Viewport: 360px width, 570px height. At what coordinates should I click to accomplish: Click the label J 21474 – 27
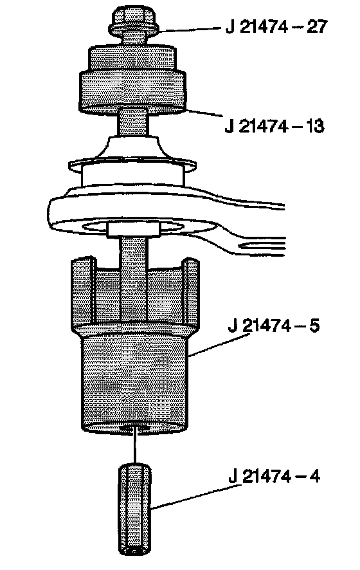click(276, 27)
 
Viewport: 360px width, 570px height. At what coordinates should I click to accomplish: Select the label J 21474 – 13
click(274, 127)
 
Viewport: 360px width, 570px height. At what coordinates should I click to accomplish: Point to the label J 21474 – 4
click(274, 476)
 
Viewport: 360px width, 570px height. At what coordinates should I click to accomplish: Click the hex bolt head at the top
click(134, 23)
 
